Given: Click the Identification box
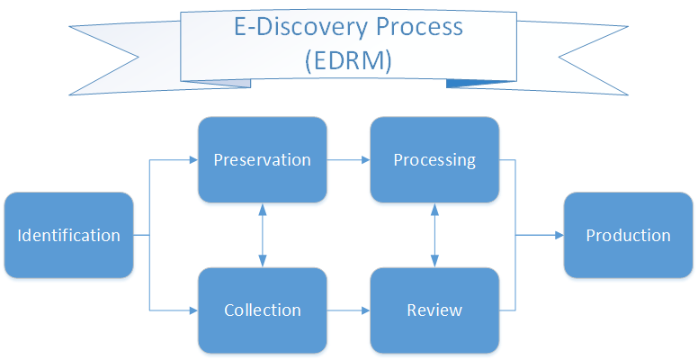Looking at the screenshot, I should pyautogui.click(x=69, y=236).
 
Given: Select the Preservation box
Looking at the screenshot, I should pyautogui.click(x=262, y=160).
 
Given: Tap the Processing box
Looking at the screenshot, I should pyautogui.click(x=434, y=160).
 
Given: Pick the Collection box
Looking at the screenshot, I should pyautogui.click(x=262, y=310).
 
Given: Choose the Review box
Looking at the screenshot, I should pyautogui.click(x=434, y=310).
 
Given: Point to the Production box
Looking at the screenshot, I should pyautogui.click(x=628, y=236).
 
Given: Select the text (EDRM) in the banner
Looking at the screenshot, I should pyautogui.click(x=347, y=60).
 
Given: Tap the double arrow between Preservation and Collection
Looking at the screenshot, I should pyautogui.click(x=262, y=235).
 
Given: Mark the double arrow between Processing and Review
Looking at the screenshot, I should pyautogui.click(x=434, y=235).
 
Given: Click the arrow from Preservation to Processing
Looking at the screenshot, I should pyautogui.click(x=348, y=160).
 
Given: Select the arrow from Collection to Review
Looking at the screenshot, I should pyautogui.click(x=348, y=310).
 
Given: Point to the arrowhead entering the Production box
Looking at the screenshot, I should pyautogui.click(x=559, y=236).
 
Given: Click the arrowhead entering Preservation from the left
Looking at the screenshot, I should pyautogui.click(x=192, y=160).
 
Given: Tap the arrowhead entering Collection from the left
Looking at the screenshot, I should pyautogui.click(x=192, y=310).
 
